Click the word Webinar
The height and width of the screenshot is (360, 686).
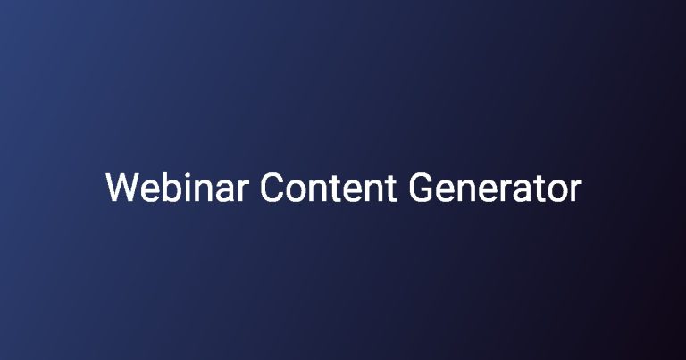[177, 188]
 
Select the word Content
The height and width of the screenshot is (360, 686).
[329, 188]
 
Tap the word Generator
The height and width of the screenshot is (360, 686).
[495, 188]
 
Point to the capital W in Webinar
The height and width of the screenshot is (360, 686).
[122, 188]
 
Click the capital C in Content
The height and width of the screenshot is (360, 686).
[272, 188]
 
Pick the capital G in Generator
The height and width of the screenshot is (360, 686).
[421, 188]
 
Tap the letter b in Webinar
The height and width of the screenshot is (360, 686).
[172, 188]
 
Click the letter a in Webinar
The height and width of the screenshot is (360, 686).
[225, 191]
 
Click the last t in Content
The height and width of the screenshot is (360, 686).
[390, 189]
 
